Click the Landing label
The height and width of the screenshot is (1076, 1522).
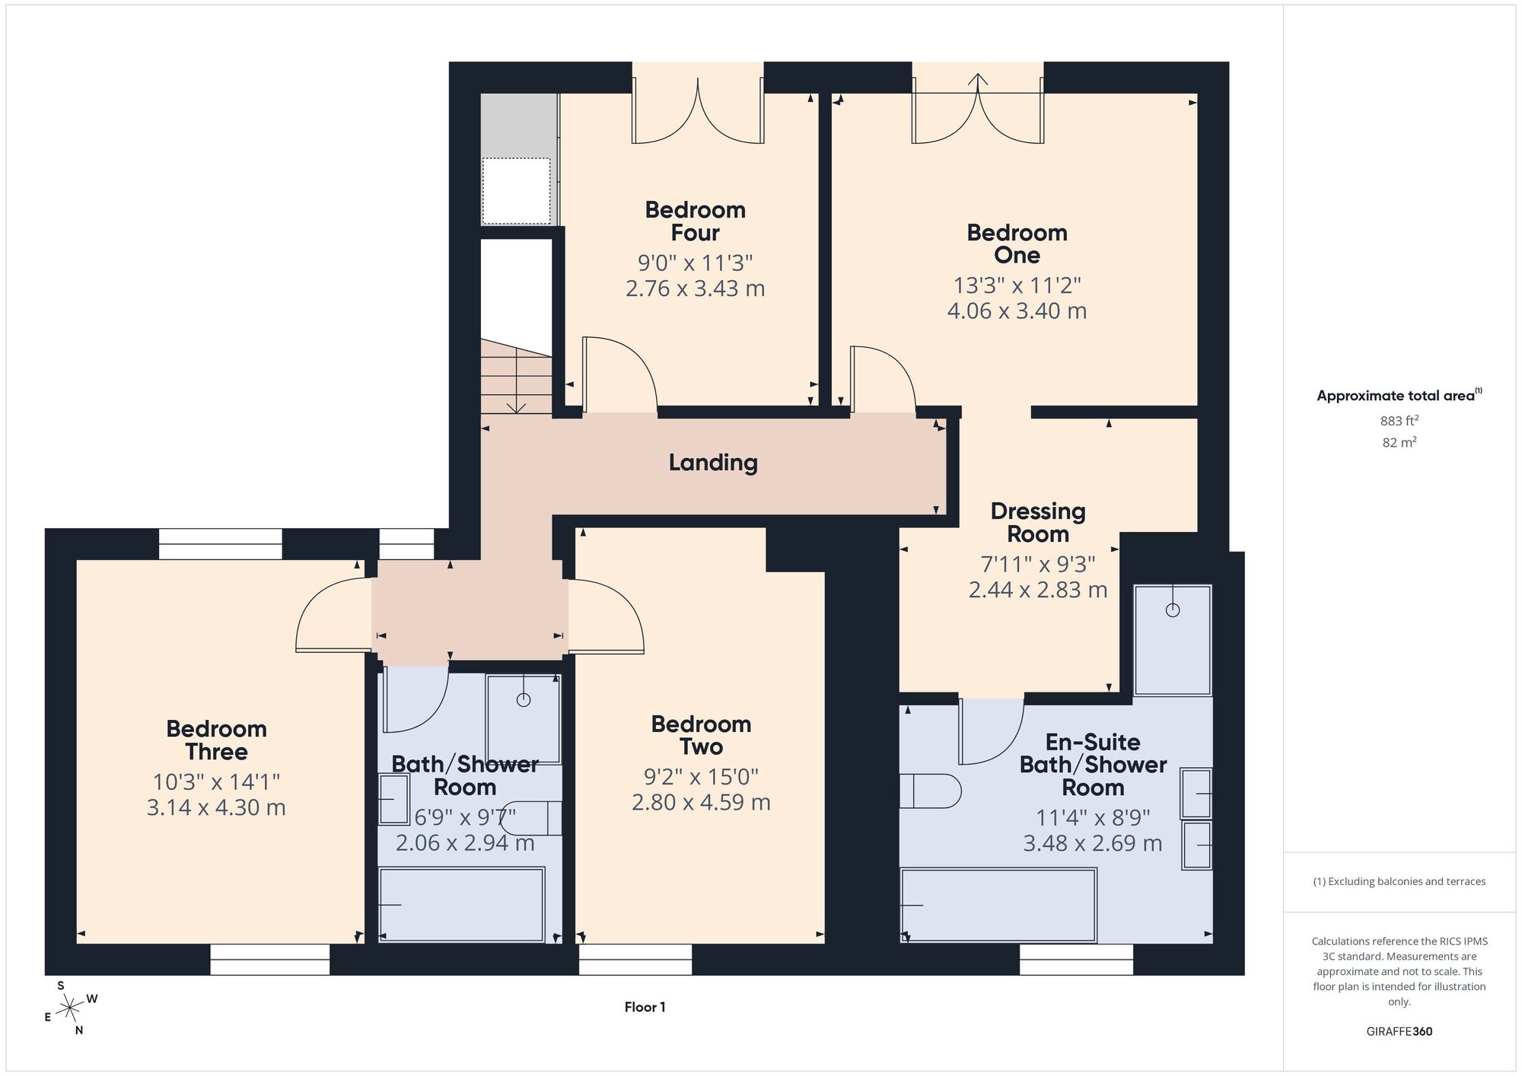pos(713,463)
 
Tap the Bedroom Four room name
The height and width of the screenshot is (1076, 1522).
pos(696,221)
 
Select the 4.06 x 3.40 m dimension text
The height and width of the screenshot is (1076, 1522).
pos(1017,310)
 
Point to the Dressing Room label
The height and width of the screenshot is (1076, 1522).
pos(1038,522)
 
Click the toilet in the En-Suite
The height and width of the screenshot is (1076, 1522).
pos(930,791)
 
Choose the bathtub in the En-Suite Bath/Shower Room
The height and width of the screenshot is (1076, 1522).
pos(998,906)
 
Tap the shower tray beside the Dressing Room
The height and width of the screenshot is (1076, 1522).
pos(1172,639)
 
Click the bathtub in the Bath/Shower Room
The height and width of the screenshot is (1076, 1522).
pos(462,905)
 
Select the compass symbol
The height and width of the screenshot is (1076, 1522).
pos(70,1009)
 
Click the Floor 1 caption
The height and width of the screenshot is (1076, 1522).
pos(645,1007)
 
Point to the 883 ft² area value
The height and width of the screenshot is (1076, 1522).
pos(1399,420)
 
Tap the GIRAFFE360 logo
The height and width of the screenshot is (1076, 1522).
pos(1399,1032)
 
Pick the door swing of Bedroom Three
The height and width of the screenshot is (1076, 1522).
pos(333,615)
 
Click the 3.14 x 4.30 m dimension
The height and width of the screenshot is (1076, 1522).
pos(216,807)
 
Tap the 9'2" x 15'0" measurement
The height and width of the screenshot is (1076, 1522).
pos(701,777)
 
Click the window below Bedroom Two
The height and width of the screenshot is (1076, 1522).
pos(635,960)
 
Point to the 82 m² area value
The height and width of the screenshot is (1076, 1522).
pos(1399,442)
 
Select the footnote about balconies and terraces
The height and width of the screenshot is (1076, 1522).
pos(1399,881)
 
